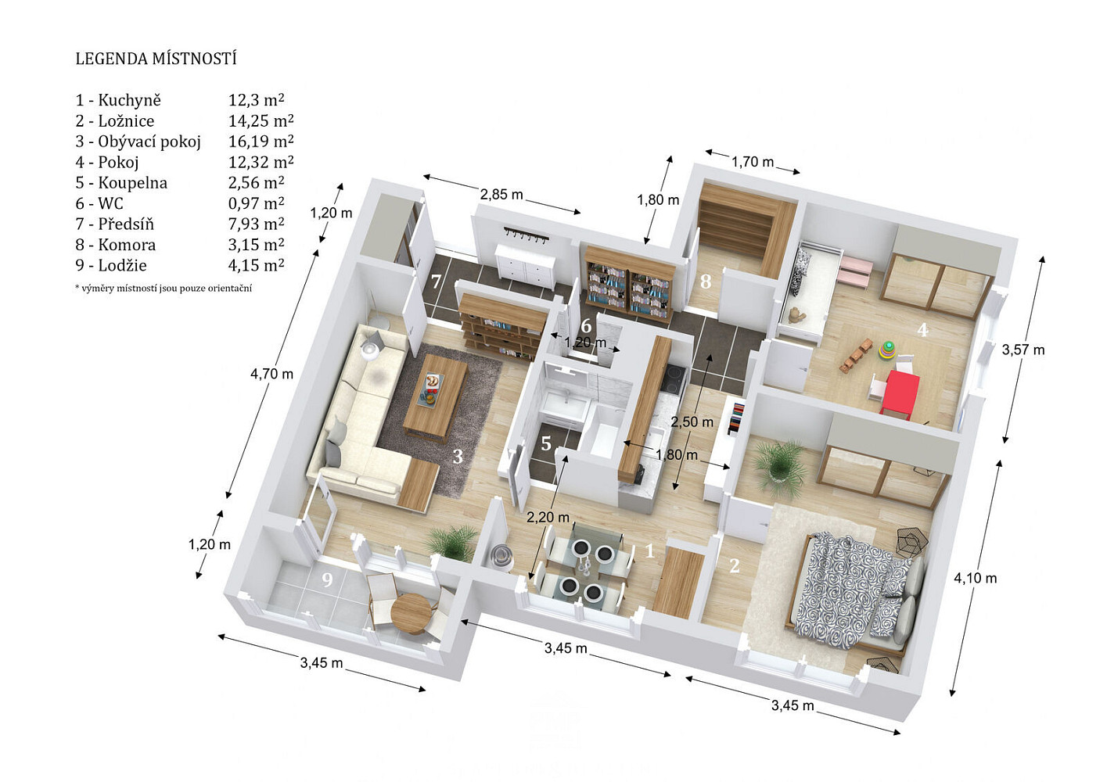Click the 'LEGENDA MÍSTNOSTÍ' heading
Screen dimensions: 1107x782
(x=156, y=59)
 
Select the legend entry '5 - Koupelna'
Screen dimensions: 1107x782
(x=121, y=183)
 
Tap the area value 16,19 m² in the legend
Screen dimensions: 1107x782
(x=261, y=142)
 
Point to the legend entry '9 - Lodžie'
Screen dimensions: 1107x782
(x=111, y=265)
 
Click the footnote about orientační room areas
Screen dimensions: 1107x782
(x=163, y=288)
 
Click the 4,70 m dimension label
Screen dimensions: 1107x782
(x=271, y=374)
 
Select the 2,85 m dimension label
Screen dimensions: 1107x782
(x=501, y=195)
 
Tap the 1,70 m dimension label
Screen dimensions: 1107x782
(x=752, y=162)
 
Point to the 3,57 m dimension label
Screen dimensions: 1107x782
(x=1023, y=350)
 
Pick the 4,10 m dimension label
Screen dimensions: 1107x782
(x=976, y=578)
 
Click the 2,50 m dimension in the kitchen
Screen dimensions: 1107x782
(x=692, y=421)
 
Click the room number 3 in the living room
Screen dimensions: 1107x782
(x=458, y=457)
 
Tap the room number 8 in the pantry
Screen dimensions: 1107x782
(x=706, y=282)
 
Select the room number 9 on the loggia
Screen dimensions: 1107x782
(x=327, y=580)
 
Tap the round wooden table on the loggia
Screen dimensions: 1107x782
(x=411, y=614)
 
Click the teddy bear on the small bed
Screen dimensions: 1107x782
(x=796, y=314)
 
